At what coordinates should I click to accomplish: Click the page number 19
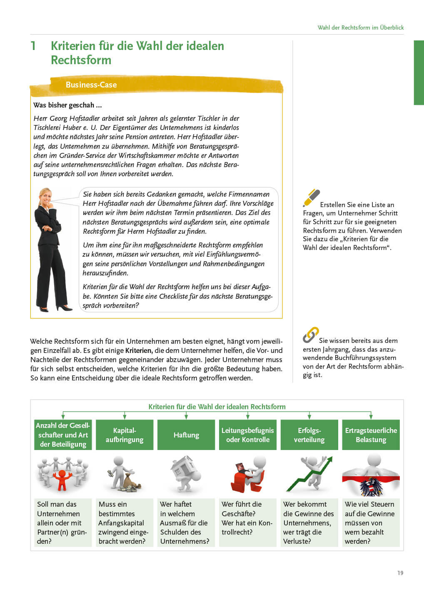click(400, 573)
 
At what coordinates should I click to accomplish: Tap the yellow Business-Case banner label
click(91, 85)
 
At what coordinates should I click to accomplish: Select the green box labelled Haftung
click(186, 435)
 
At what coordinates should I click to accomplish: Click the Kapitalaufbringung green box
click(124, 435)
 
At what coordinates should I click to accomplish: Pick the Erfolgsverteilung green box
click(309, 435)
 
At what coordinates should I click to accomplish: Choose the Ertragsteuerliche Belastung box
click(371, 435)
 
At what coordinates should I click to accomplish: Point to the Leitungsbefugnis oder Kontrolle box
click(247, 435)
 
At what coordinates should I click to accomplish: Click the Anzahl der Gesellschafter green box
click(62, 435)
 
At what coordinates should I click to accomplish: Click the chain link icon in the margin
click(311, 335)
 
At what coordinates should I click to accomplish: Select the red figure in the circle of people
click(62, 479)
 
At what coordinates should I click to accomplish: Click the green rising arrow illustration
click(310, 475)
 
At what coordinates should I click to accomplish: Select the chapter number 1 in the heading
click(33, 46)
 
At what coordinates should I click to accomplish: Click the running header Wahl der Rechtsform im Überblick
click(360, 27)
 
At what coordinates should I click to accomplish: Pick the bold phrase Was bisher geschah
click(67, 105)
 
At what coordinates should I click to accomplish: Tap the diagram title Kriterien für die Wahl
click(217, 407)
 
